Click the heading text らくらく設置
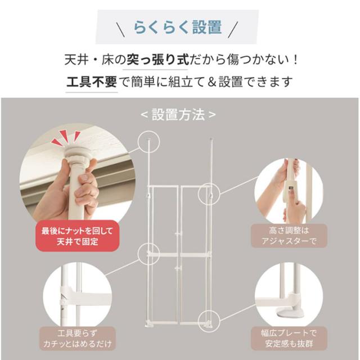coord(177,26)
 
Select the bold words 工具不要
coord(91,82)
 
